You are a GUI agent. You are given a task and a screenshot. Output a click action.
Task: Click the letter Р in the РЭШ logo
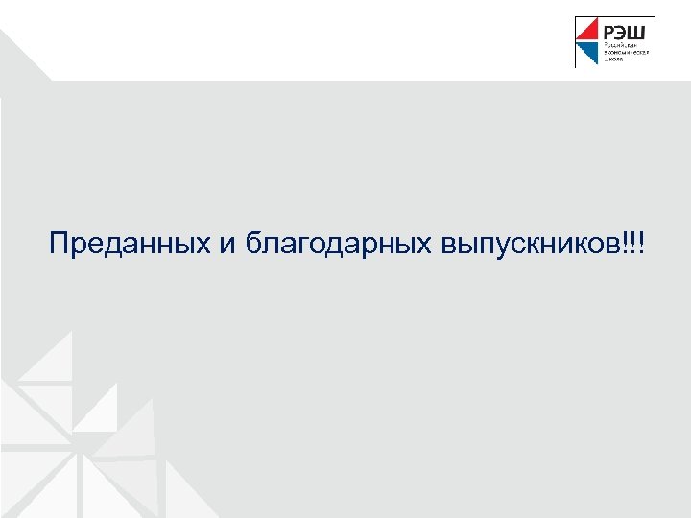coord(609,33)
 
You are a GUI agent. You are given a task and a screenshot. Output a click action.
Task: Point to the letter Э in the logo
coord(621,33)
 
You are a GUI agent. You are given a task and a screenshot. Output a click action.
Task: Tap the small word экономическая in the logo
coord(627,54)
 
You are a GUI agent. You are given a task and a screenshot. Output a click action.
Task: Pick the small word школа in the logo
coord(613,60)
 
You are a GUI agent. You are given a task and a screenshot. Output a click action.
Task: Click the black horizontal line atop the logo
coord(614,17)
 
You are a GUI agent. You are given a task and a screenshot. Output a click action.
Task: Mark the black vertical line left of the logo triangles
coord(576,43)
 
